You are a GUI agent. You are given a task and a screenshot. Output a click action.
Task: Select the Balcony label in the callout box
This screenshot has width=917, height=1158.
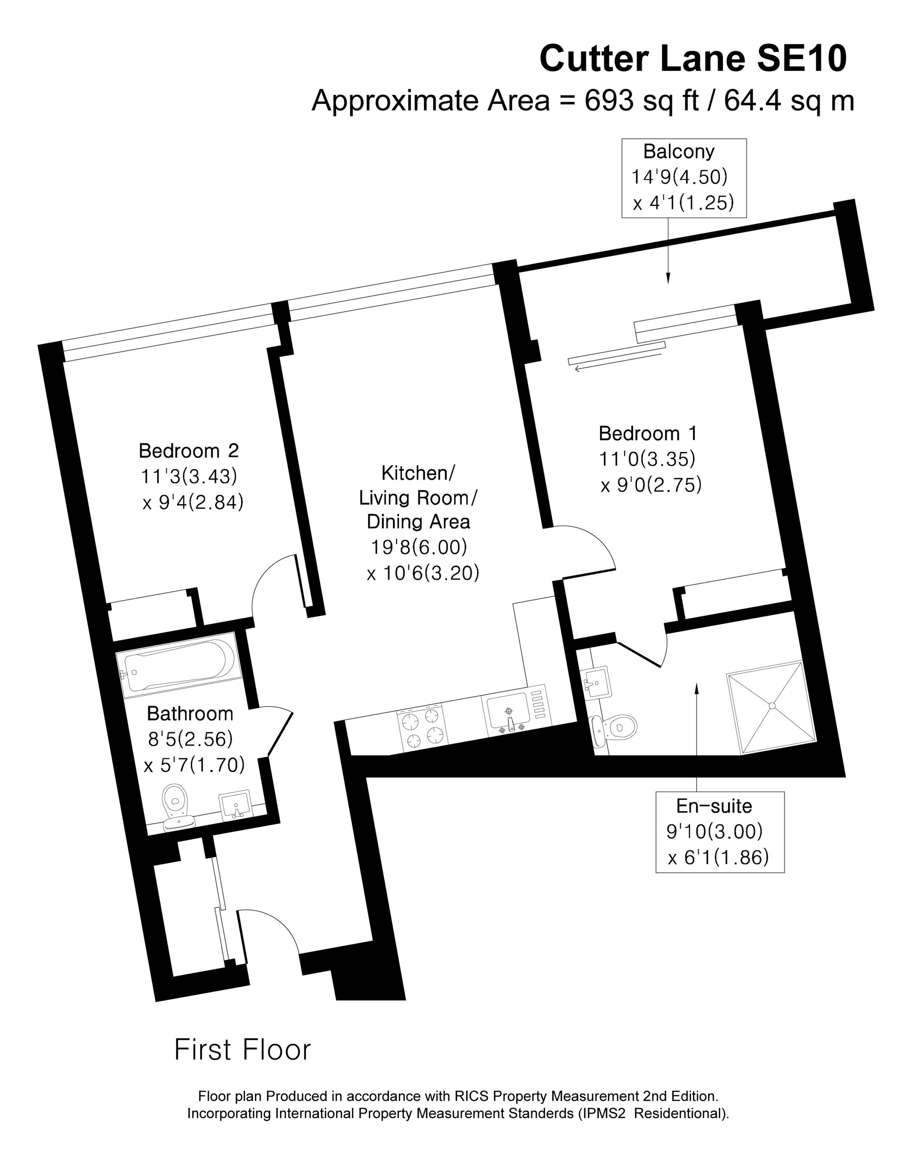tap(678, 152)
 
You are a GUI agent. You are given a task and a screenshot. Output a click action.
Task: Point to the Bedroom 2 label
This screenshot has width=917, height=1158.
tap(188, 450)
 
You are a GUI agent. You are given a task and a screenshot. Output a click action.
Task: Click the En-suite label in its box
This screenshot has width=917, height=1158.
tap(714, 806)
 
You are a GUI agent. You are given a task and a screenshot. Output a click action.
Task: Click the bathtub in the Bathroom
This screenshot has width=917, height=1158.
tap(176, 664)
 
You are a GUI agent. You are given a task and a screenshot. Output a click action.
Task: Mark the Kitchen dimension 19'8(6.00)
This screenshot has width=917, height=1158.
tap(419, 547)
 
